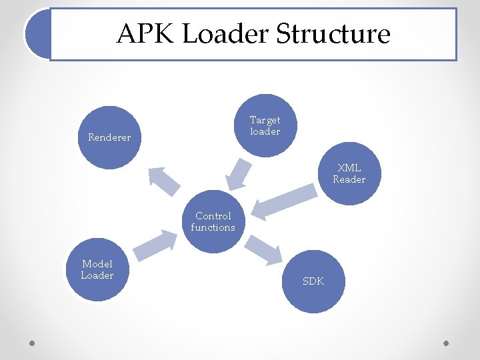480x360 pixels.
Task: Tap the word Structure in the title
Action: coord(333,34)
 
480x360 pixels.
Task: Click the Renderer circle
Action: coord(109,138)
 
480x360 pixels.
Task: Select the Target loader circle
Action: coord(265,125)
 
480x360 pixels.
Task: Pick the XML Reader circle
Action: coord(349,173)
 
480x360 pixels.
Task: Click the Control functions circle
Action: coord(213,222)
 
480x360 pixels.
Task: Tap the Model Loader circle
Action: coord(97,270)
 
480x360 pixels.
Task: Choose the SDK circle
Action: coord(313,281)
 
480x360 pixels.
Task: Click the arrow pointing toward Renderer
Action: coord(163,180)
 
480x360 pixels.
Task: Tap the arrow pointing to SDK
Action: coord(263,250)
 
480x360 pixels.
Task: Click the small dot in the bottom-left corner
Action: coord(32,344)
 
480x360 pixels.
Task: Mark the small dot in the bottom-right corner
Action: coord(446,344)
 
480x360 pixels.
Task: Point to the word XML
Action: coord(349,168)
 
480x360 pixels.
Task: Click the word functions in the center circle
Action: coord(213,227)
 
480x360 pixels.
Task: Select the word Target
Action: coord(265,120)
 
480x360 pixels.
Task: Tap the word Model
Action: coord(97,264)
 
